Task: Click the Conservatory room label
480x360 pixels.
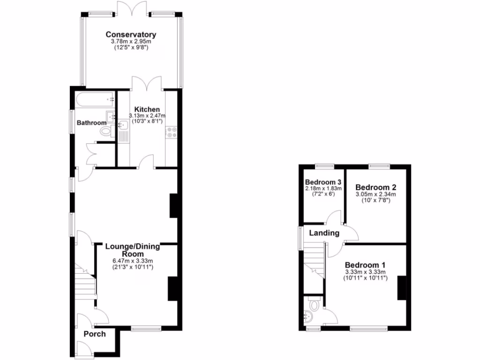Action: (x=130, y=34)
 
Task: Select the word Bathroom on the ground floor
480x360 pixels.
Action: (x=92, y=123)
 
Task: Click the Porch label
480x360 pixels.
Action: (x=95, y=334)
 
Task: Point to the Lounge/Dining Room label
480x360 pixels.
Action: (x=133, y=250)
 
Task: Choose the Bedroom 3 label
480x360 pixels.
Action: (x=322, y=182)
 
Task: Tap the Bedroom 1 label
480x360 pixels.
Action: (x=365, y=265)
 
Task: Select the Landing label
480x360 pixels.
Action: (x=323, y=233)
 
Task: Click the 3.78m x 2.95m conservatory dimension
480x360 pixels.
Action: (x=130, y=42)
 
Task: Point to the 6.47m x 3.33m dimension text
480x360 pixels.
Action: (x=133, y=261)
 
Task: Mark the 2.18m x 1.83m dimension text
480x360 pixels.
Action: (x=323, y=188)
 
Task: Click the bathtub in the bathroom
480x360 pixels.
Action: (x=94, y=99)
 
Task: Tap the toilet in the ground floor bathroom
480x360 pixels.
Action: (x=106, y=132)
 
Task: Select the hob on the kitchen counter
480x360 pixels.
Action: (x=171, y=133)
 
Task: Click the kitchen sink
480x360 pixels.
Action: (x=123, y=125)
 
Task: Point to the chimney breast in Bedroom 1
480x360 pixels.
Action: (x=402, y=288)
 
